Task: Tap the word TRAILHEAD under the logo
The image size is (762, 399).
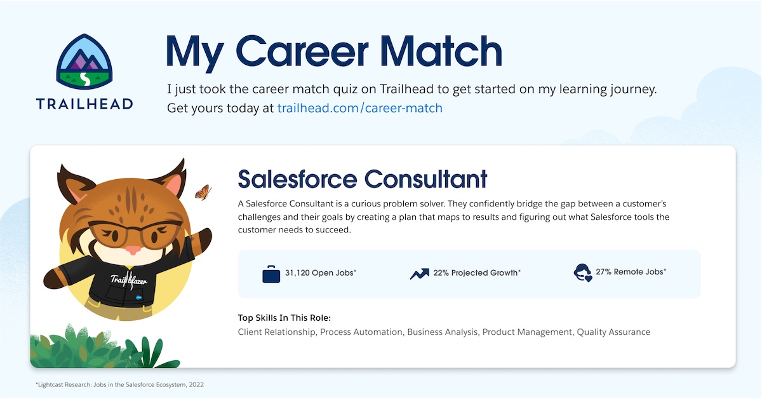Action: point(84,104)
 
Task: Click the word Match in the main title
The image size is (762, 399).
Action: point(436,50)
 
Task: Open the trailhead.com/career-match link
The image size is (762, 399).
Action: point(359,108)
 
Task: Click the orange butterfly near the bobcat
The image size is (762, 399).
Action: point(203,191)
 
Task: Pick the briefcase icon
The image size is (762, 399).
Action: point(271,274)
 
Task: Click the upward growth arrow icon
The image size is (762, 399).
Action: point(419,274)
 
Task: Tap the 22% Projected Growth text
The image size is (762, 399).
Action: point(477,273)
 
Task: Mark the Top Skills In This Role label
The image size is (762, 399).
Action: point(284,318)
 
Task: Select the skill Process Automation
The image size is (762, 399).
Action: point(361,332)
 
